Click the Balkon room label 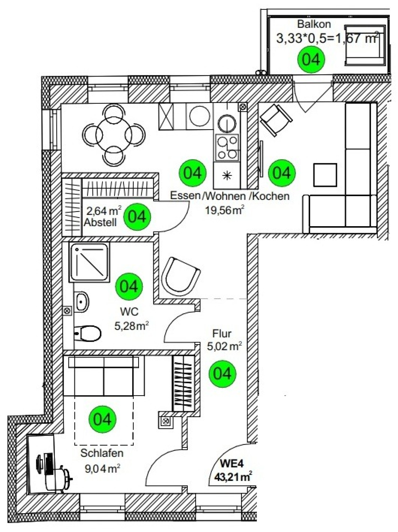click(314, 24)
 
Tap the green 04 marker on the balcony click(311, 59)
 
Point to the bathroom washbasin click(82, 302)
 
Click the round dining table click(114, 135)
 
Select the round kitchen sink click(227, 123)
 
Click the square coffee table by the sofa click(325, 175)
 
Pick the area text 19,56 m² click(225, 210)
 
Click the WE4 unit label click(232, 464)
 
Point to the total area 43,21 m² click(233, 477)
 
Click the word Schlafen click(102, 453)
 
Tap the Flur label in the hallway click(222, 333)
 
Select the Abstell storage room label click(100, 222)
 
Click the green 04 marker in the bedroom click(102, 419)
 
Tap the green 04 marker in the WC click(129, 286)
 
